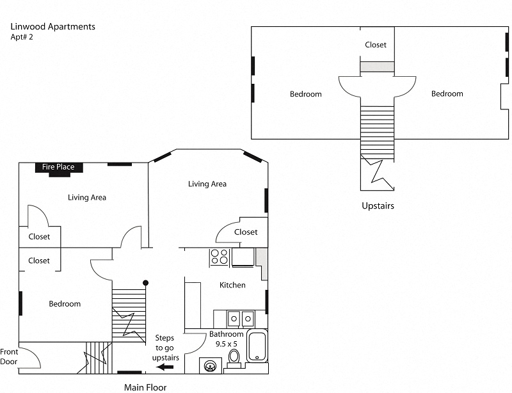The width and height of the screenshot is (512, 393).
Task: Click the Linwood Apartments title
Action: (53, 27)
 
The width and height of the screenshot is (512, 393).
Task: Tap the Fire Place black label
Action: (58, 167)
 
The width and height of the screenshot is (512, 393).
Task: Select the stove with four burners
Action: (220, 257)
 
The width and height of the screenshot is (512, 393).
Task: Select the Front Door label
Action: (9, 357)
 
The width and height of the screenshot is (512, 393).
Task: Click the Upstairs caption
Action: (378, 206)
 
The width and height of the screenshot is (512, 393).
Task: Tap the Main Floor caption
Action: (145, 387)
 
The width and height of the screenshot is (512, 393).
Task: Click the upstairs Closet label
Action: (376, 45)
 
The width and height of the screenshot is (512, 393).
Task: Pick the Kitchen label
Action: (232, 285)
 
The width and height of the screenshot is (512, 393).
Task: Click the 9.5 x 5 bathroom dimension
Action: (227, 344)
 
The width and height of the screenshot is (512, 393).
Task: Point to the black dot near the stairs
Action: (146, 282)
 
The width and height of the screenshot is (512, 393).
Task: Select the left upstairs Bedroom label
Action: (305, 94)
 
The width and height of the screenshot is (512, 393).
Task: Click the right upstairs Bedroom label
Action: (447, 93)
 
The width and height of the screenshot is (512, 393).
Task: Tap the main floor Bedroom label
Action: (65, 303)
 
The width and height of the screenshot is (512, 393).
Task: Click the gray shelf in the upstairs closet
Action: (376, 67)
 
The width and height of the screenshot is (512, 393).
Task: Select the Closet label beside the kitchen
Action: (246, 232)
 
